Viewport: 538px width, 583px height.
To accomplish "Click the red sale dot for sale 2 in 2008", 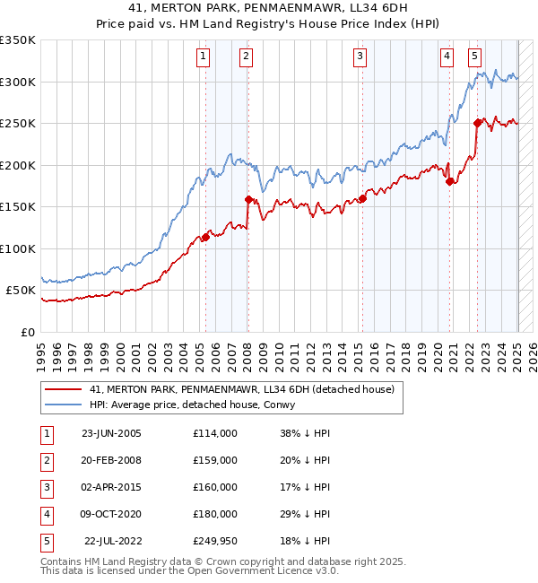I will tap(248, 199).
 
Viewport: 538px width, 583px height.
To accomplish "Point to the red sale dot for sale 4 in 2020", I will tap(449, 182).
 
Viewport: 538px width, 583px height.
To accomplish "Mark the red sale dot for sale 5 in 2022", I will tap(478, 124).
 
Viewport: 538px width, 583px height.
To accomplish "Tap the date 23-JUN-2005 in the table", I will tap(111, 433).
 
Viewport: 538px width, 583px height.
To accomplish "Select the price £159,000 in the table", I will tap(214, 460).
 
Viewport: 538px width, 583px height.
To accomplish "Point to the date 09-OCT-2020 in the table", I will tap(111, 514).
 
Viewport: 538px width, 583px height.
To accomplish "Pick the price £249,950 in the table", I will tap(214, 541).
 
